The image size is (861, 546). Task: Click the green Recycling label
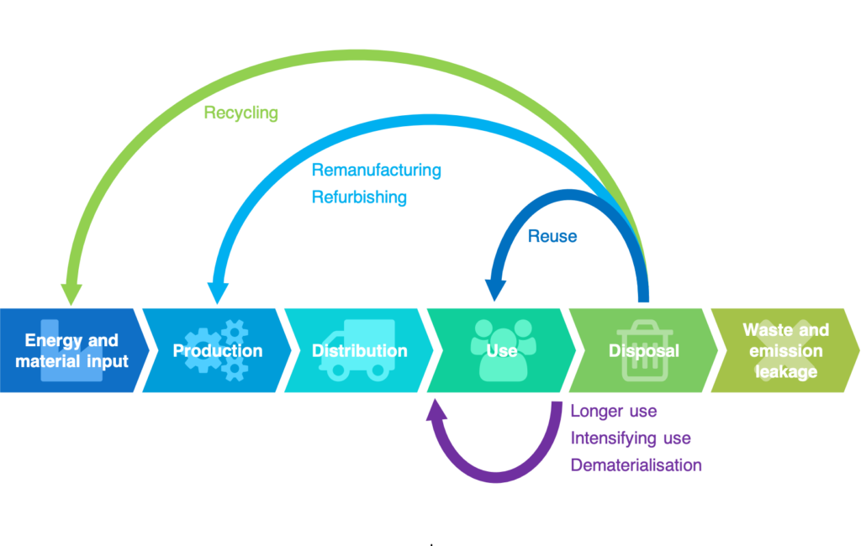coord(241,113)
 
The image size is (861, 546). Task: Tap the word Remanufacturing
coord(376,171)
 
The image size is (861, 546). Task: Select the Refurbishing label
coord(359,197)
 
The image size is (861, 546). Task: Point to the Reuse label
coord(552,237)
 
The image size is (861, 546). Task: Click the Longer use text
coord(613,411)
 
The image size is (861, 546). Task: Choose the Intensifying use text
coord(631,438)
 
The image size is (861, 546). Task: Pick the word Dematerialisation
coord(636,465)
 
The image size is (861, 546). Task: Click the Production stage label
coord(218,350)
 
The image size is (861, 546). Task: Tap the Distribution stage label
coord(360,350)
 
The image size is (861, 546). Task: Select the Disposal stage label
coord(644,350)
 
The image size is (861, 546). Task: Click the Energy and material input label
coord(71,350)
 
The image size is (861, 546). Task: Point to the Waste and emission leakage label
coord(786,350)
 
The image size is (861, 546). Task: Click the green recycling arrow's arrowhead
coord(71,293)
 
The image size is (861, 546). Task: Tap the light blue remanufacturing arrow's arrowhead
coord(218,292)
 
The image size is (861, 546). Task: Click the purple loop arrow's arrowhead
coord(436,409)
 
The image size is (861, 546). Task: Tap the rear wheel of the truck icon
coord(378,370)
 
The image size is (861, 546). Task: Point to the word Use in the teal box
coord(502,350)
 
